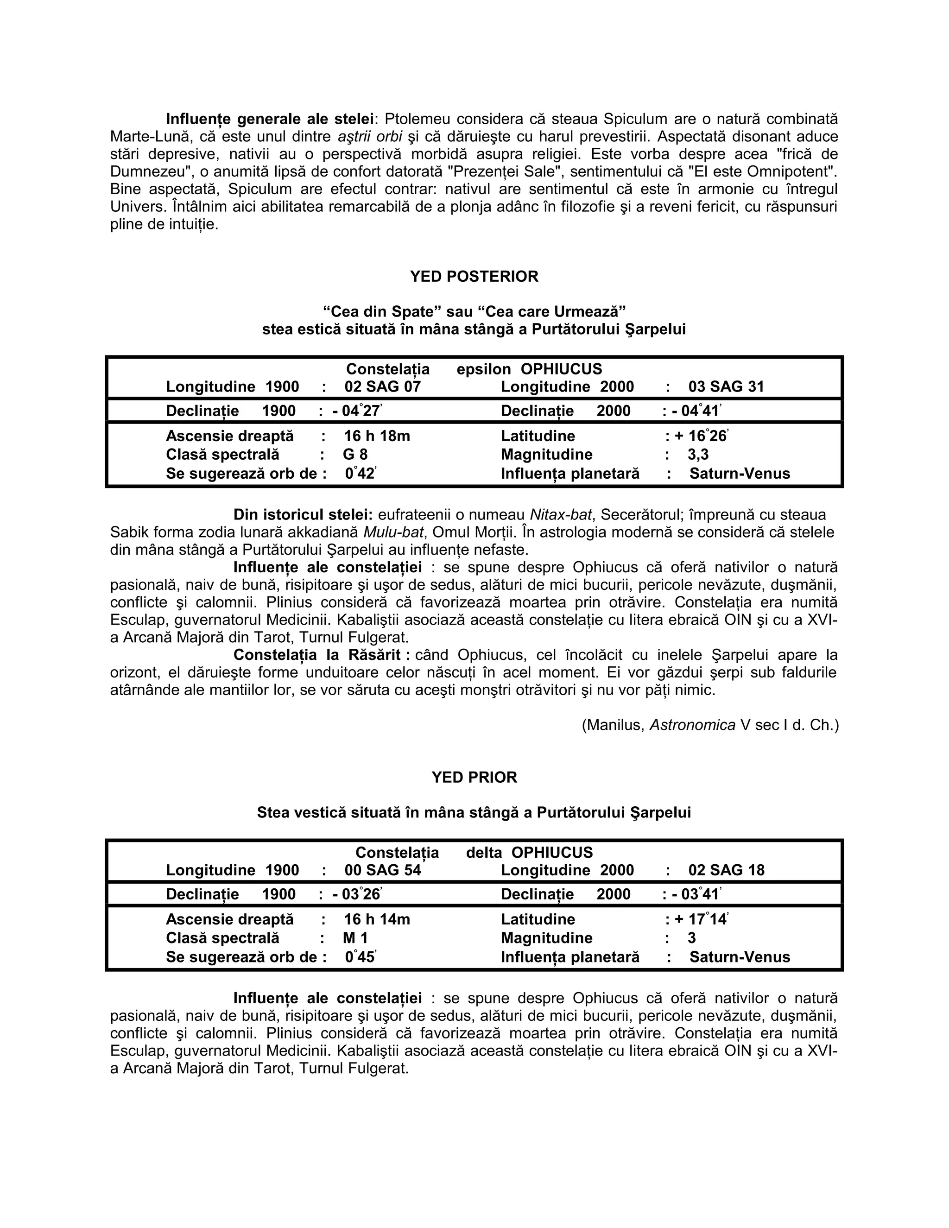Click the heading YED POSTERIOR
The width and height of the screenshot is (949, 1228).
click(x=474, y=276)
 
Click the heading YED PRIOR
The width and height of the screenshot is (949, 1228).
click(x=474, y=777)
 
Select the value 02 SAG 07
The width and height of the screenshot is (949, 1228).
click(x=382, y=387)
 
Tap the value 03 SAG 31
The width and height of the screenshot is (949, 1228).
click(x=726, y=387)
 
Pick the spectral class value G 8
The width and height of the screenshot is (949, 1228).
click(x=355, y=454)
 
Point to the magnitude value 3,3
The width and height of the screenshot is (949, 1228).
click(x=698, y=454)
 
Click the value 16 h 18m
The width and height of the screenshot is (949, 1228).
click(x=377, y=436)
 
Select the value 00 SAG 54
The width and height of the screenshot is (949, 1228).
click(x=382, y=870)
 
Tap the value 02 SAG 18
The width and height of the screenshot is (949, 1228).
click(x=726, y=870)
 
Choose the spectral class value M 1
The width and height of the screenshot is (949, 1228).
click(x=355, y=938)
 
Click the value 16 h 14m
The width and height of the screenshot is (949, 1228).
click(x=377, y=919)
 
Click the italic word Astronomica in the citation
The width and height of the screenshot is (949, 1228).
click(x=692, y=725)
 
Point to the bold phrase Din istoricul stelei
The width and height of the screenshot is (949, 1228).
click(x=303, y=514)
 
